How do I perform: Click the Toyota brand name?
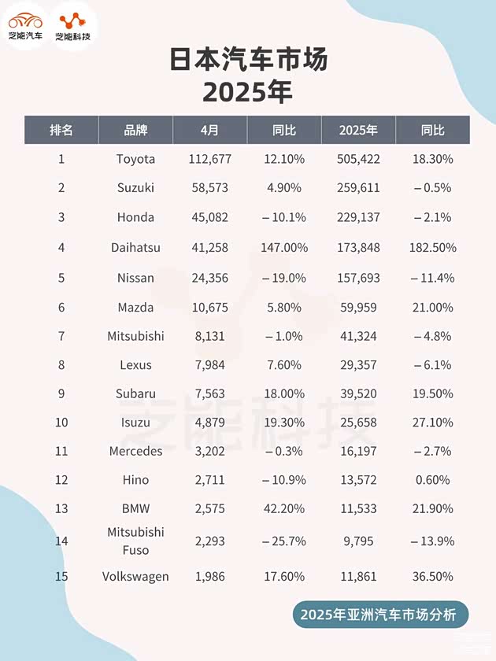coord(135,159)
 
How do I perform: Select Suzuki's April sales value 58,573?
coord(209,188)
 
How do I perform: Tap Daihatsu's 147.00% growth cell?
coord(283,248)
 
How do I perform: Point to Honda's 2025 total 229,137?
coord(358,217)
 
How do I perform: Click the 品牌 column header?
coord(135,130)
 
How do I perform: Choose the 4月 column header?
coord(209,130)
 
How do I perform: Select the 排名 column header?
coord(61,130)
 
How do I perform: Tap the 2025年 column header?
coord(358,130)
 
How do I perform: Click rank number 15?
coord(61,577)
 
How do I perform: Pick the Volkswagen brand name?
coord(135,577)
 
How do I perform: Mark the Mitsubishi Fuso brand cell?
coord(135,541)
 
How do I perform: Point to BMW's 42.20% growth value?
coord(283,509)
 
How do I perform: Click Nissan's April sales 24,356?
coord(209,278)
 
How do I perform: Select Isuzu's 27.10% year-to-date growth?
coord(432,423)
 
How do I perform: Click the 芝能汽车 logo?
coord(25,25)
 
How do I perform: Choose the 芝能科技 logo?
coord(73,25)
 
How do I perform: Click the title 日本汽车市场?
coord(248,61)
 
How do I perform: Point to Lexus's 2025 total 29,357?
coord(358,365)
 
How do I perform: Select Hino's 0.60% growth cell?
coord(432,480)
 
